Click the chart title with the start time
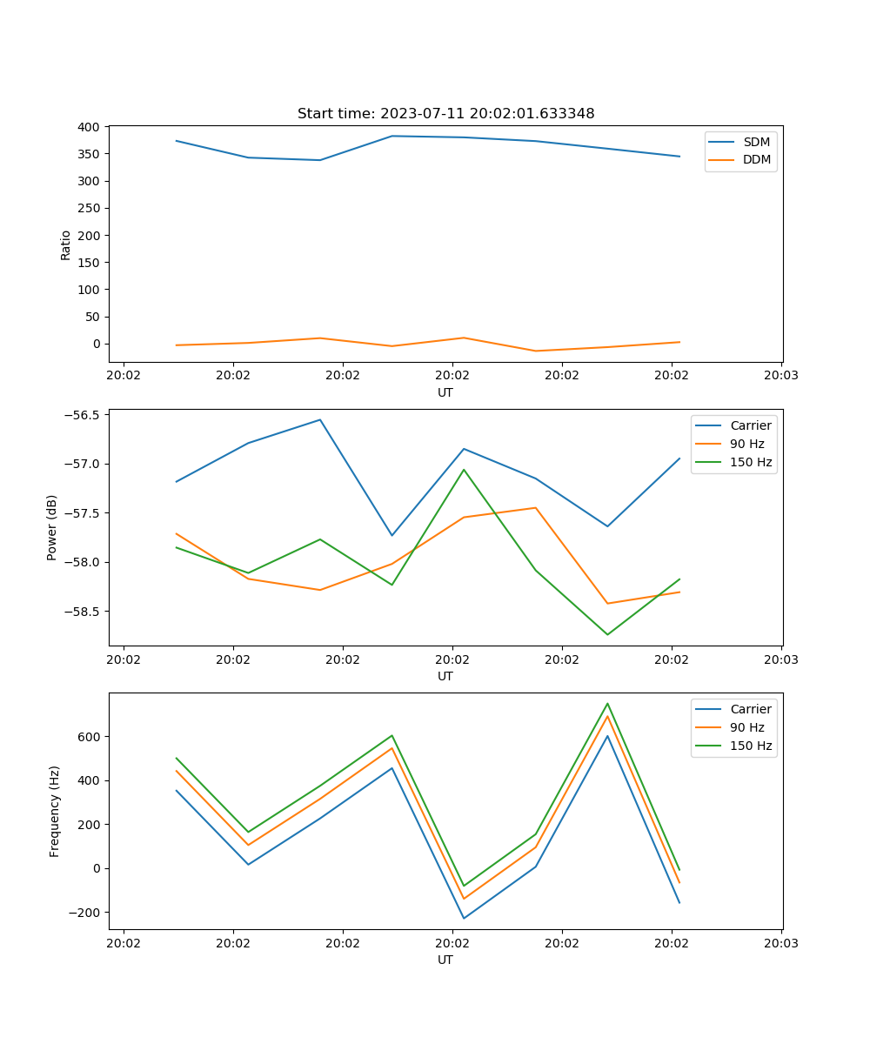pyautogui.click(x=445, y=114)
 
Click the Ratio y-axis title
pyautogui.click(x=66, y=244)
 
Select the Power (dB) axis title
pyautogui.click(x=52, y=527)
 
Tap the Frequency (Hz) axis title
pyautogui.click(x=54, y=811)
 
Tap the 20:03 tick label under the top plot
pyautogui.click(x=781, y=376)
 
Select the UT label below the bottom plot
pyautogui.click(x=445, y=960)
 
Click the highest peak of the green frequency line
pyautogui.click(x=607, y=703)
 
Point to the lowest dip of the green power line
pyautogui.click(x=607, y=634)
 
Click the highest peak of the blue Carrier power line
pyautogui.click(x=320, y=419)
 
